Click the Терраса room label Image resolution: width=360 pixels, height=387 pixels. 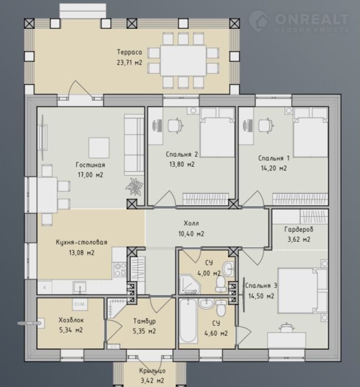coord(129,52)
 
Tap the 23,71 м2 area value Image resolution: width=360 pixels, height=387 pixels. coord(129,62)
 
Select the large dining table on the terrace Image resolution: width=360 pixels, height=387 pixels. coord(183,60)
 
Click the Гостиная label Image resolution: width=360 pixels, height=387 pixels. coord(90,165)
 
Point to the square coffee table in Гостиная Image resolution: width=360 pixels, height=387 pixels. coord(99,148)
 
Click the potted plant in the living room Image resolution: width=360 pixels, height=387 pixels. coord(134,187)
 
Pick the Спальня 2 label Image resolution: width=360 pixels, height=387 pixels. coord(182,155)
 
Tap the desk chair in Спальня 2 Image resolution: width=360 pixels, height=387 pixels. coord(176,126)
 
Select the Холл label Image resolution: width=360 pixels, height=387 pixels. coord(191,224)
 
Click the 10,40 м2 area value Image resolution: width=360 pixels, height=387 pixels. coord(191,234)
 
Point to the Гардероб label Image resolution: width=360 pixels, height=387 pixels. coord(299,229)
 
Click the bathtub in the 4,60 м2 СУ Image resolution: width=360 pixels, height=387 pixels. coord(188,321)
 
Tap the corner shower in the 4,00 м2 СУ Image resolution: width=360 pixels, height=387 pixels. coord(189,284)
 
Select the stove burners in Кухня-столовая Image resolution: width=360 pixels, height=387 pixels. coord(120,270)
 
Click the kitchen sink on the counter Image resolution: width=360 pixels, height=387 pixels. coord(79,287)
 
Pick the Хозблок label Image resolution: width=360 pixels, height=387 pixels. coord(71,320)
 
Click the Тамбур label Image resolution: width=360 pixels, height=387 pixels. coord(144,321)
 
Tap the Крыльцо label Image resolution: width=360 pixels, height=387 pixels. coord(152,371)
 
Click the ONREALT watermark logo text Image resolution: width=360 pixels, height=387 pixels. coord(312,19)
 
